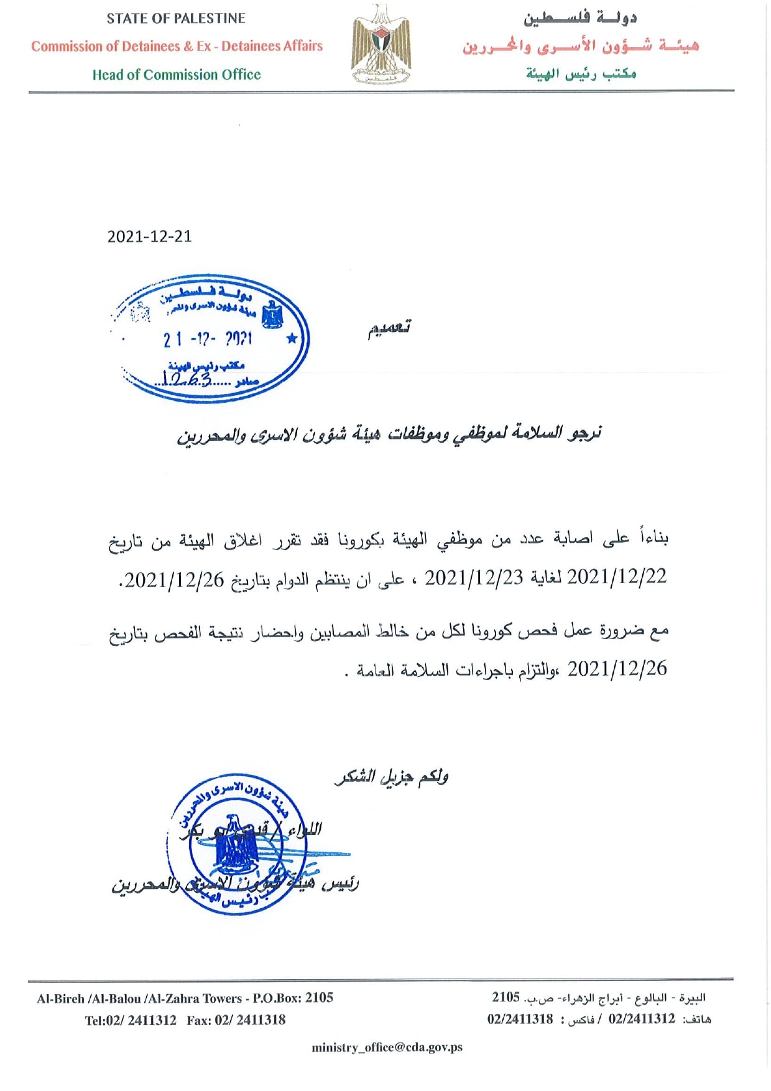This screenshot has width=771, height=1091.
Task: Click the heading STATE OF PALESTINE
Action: point(176,19)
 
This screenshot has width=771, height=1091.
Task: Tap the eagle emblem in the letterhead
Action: point(381,44)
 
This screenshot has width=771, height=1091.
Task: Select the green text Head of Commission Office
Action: point(177,75)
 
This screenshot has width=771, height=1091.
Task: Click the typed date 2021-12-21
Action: point(149,236)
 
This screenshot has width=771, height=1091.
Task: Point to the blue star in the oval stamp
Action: point(291,339)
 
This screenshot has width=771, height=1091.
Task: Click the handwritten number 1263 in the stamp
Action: point(187,378)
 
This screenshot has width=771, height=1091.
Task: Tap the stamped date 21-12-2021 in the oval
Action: point(208,339)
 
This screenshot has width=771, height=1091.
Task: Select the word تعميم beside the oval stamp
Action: point(389,328)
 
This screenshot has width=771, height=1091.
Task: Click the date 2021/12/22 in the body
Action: point(617,577)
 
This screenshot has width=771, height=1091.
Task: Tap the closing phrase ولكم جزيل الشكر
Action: point(392,777)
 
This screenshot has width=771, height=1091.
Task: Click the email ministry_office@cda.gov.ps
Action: point(387,1047)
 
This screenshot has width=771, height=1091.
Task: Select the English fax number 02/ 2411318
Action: point(250,1020)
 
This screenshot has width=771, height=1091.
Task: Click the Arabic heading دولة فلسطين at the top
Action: point(579,19)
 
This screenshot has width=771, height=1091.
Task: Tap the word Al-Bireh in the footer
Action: point(60,999)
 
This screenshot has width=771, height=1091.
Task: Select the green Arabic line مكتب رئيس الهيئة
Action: point(581,74)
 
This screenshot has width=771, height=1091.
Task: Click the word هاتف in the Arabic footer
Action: point(696,1020)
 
